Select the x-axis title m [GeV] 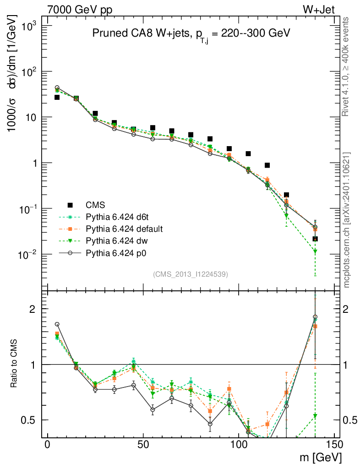click(321, 458)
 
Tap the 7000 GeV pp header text click(80, 10)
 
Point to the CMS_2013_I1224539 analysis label click(191, 274)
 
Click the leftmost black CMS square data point click(57, 97)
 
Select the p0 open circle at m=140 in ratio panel click(315, 316)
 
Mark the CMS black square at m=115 click(267, 165)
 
